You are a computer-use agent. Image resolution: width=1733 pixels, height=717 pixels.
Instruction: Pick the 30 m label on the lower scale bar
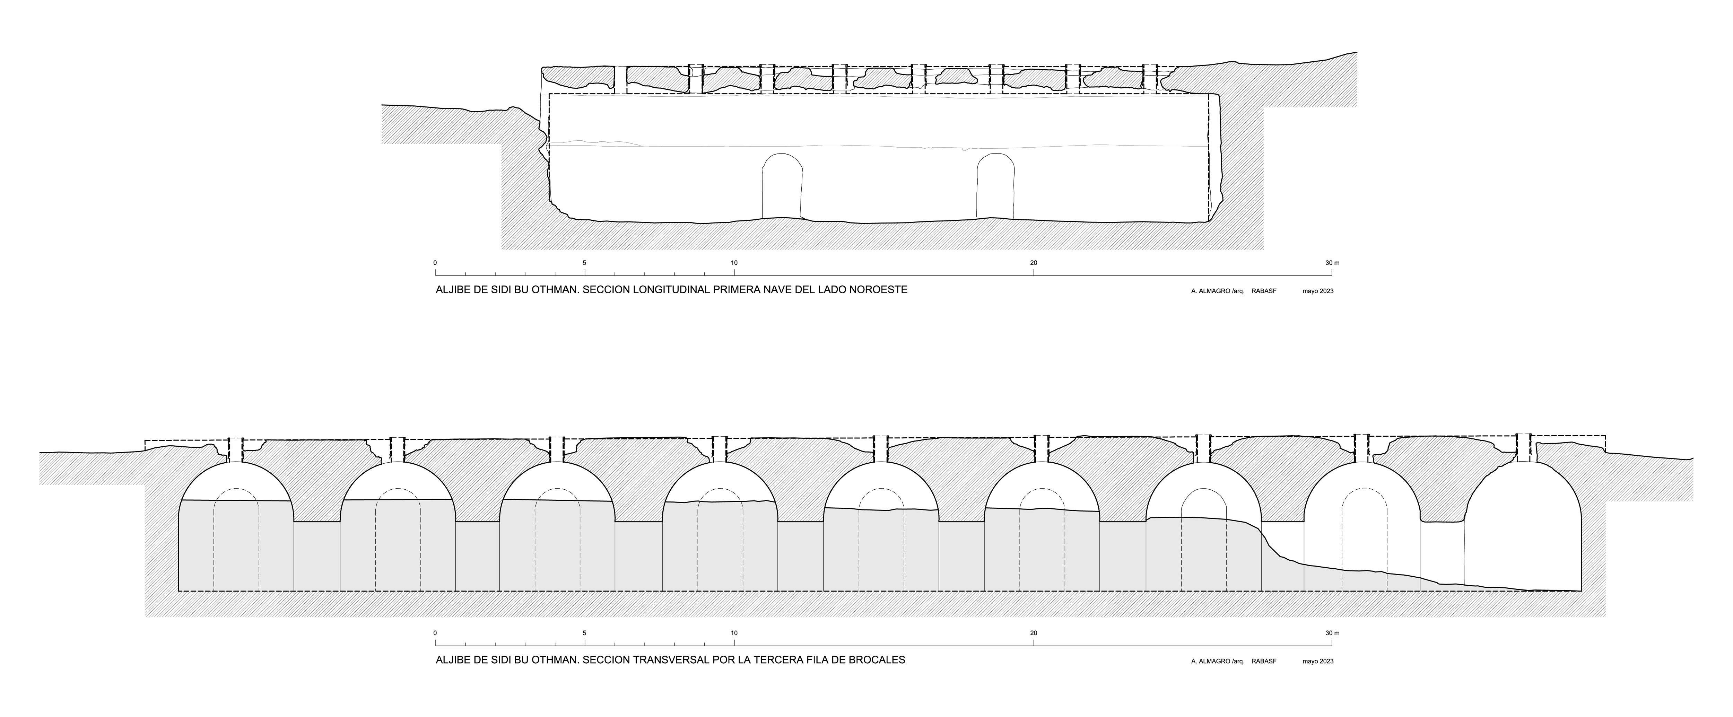[1332, 633]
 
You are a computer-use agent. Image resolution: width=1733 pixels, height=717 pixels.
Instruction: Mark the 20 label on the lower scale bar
[1033, 633]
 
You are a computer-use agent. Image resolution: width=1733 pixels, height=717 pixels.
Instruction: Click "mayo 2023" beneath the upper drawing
[1318, 291]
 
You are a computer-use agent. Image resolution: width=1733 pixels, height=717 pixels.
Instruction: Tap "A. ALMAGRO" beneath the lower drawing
[1208, 661]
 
